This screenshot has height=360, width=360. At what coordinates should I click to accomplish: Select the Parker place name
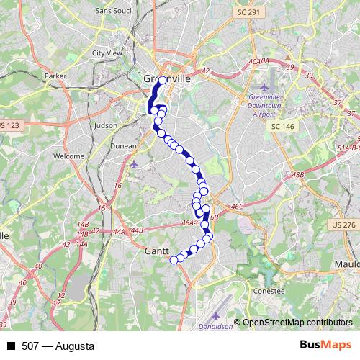55,76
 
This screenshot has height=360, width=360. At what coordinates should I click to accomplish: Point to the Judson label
105,125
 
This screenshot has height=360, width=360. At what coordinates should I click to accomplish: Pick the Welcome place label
69,156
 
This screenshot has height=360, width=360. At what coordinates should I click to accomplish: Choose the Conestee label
270,291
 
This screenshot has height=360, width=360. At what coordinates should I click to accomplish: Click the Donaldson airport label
215,326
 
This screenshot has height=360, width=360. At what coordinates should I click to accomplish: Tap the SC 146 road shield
283,126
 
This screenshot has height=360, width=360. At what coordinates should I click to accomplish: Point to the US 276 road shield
345,225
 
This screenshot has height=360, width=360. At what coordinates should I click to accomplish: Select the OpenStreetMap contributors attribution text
297,323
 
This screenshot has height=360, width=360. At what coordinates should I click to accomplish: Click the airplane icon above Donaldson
217,315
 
